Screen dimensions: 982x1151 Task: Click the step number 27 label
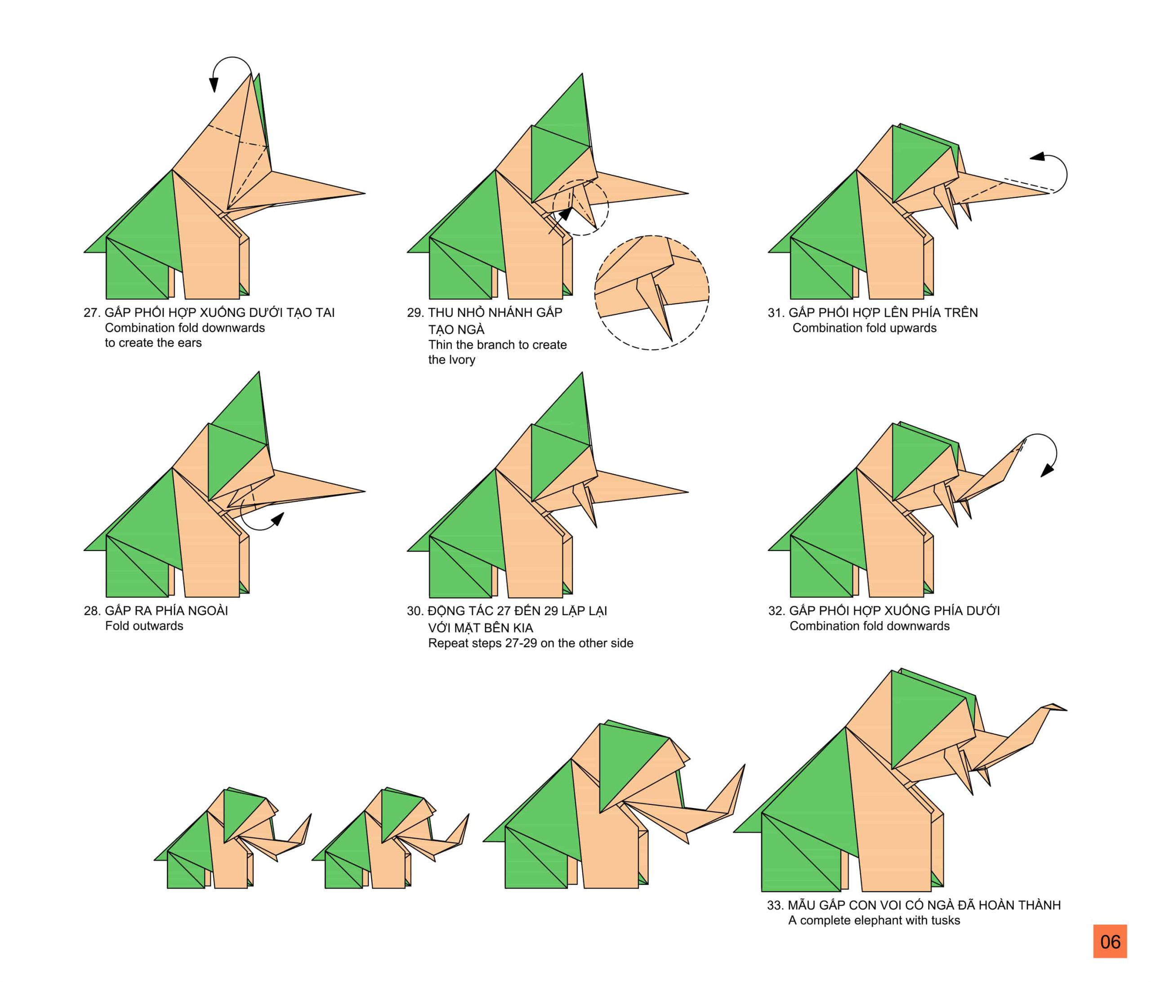point(91,313)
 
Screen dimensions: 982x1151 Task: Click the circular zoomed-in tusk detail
point(651,293)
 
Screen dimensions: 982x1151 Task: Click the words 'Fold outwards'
point(144,626)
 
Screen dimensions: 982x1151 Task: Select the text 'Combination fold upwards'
point(864,328)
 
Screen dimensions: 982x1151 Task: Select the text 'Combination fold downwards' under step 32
point(870,626)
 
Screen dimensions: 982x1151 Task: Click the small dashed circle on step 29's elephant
point(580,207)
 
